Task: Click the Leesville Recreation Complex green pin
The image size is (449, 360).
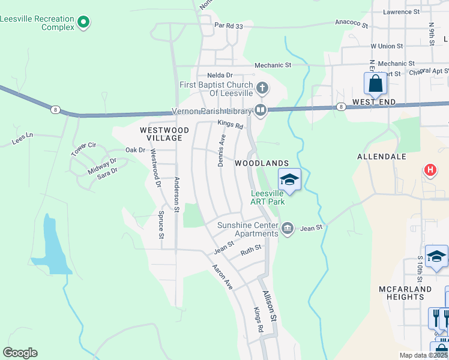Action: [83, 23]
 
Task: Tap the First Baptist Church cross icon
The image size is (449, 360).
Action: [262, 88]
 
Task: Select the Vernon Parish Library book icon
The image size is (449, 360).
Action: [261, 109]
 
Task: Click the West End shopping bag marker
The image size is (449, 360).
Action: [375, 84]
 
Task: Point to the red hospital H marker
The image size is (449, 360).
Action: [430, 170]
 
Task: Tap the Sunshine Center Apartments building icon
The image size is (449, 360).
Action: [287, 228]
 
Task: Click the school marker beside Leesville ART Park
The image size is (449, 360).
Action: [289, 180]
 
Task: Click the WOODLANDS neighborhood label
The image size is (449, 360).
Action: [262, 163]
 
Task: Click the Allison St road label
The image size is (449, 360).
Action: [270, 305]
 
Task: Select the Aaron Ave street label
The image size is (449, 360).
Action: [222, 277]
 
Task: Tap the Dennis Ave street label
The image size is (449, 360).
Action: [221, 150]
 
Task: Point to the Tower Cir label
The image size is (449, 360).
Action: [83, 149]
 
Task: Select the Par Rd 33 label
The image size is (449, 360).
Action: [229, 26]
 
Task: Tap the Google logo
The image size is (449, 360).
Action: [20, 353]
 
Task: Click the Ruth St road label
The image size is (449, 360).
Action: [251, 250]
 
